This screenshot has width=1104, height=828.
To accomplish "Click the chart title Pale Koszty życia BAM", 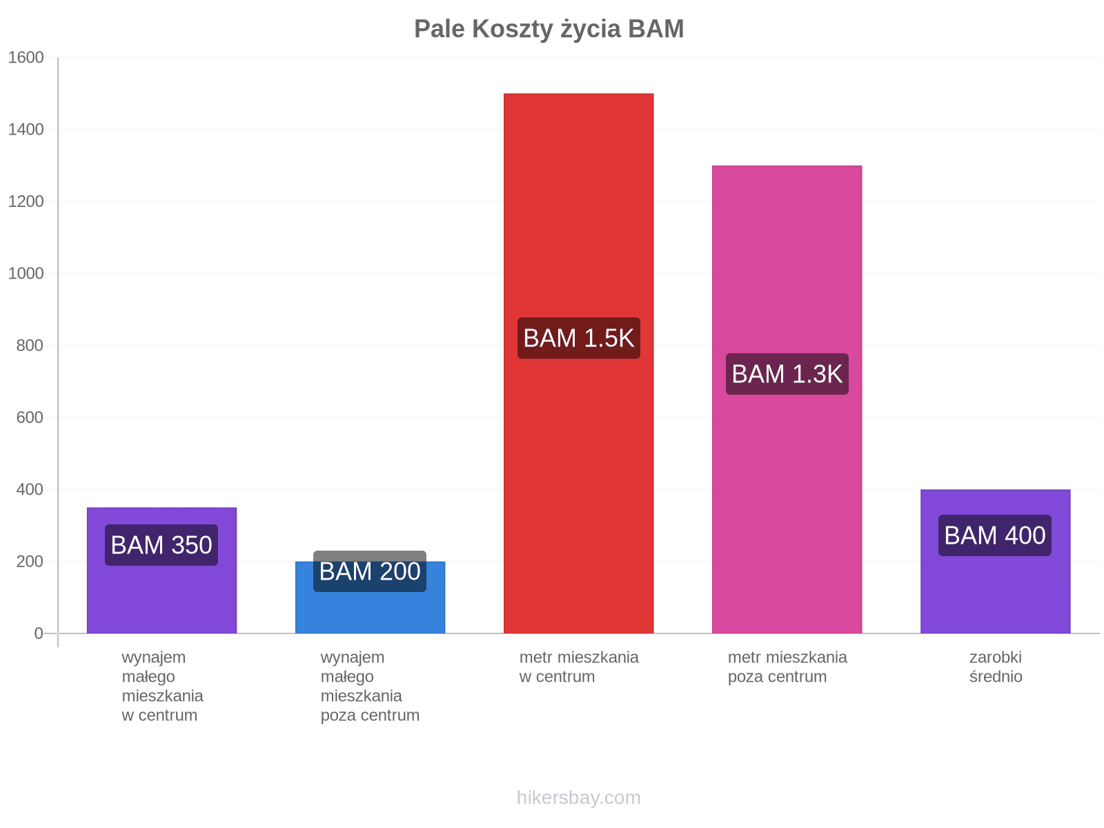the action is [549, 29].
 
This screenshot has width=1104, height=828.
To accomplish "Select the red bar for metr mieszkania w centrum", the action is [578, 363].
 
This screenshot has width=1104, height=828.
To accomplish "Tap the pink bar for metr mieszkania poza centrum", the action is [787, 400].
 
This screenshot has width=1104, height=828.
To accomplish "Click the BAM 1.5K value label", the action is [578, 338].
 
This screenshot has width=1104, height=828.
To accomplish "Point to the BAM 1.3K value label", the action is [787, 374].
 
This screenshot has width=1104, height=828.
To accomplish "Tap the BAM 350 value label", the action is [161, 545].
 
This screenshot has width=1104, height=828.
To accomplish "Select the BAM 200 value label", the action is [370, 571].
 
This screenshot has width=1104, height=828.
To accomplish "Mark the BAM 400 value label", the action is [994, 535].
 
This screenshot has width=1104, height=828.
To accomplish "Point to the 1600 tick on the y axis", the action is [26, 57].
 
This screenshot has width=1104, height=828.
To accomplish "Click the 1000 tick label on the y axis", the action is [26, 273].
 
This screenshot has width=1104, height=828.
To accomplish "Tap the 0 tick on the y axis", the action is [38, 633].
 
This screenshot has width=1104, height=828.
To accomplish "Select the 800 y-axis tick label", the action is [30, 346].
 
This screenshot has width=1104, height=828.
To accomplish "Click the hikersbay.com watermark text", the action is [578, 798].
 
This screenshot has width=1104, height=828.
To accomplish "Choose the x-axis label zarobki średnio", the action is [996, 667].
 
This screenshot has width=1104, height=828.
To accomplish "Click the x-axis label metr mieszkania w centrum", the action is [579, 667].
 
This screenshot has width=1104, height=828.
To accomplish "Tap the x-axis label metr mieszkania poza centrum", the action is [787, 667].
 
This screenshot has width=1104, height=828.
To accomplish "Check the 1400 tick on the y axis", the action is [26, 130].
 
